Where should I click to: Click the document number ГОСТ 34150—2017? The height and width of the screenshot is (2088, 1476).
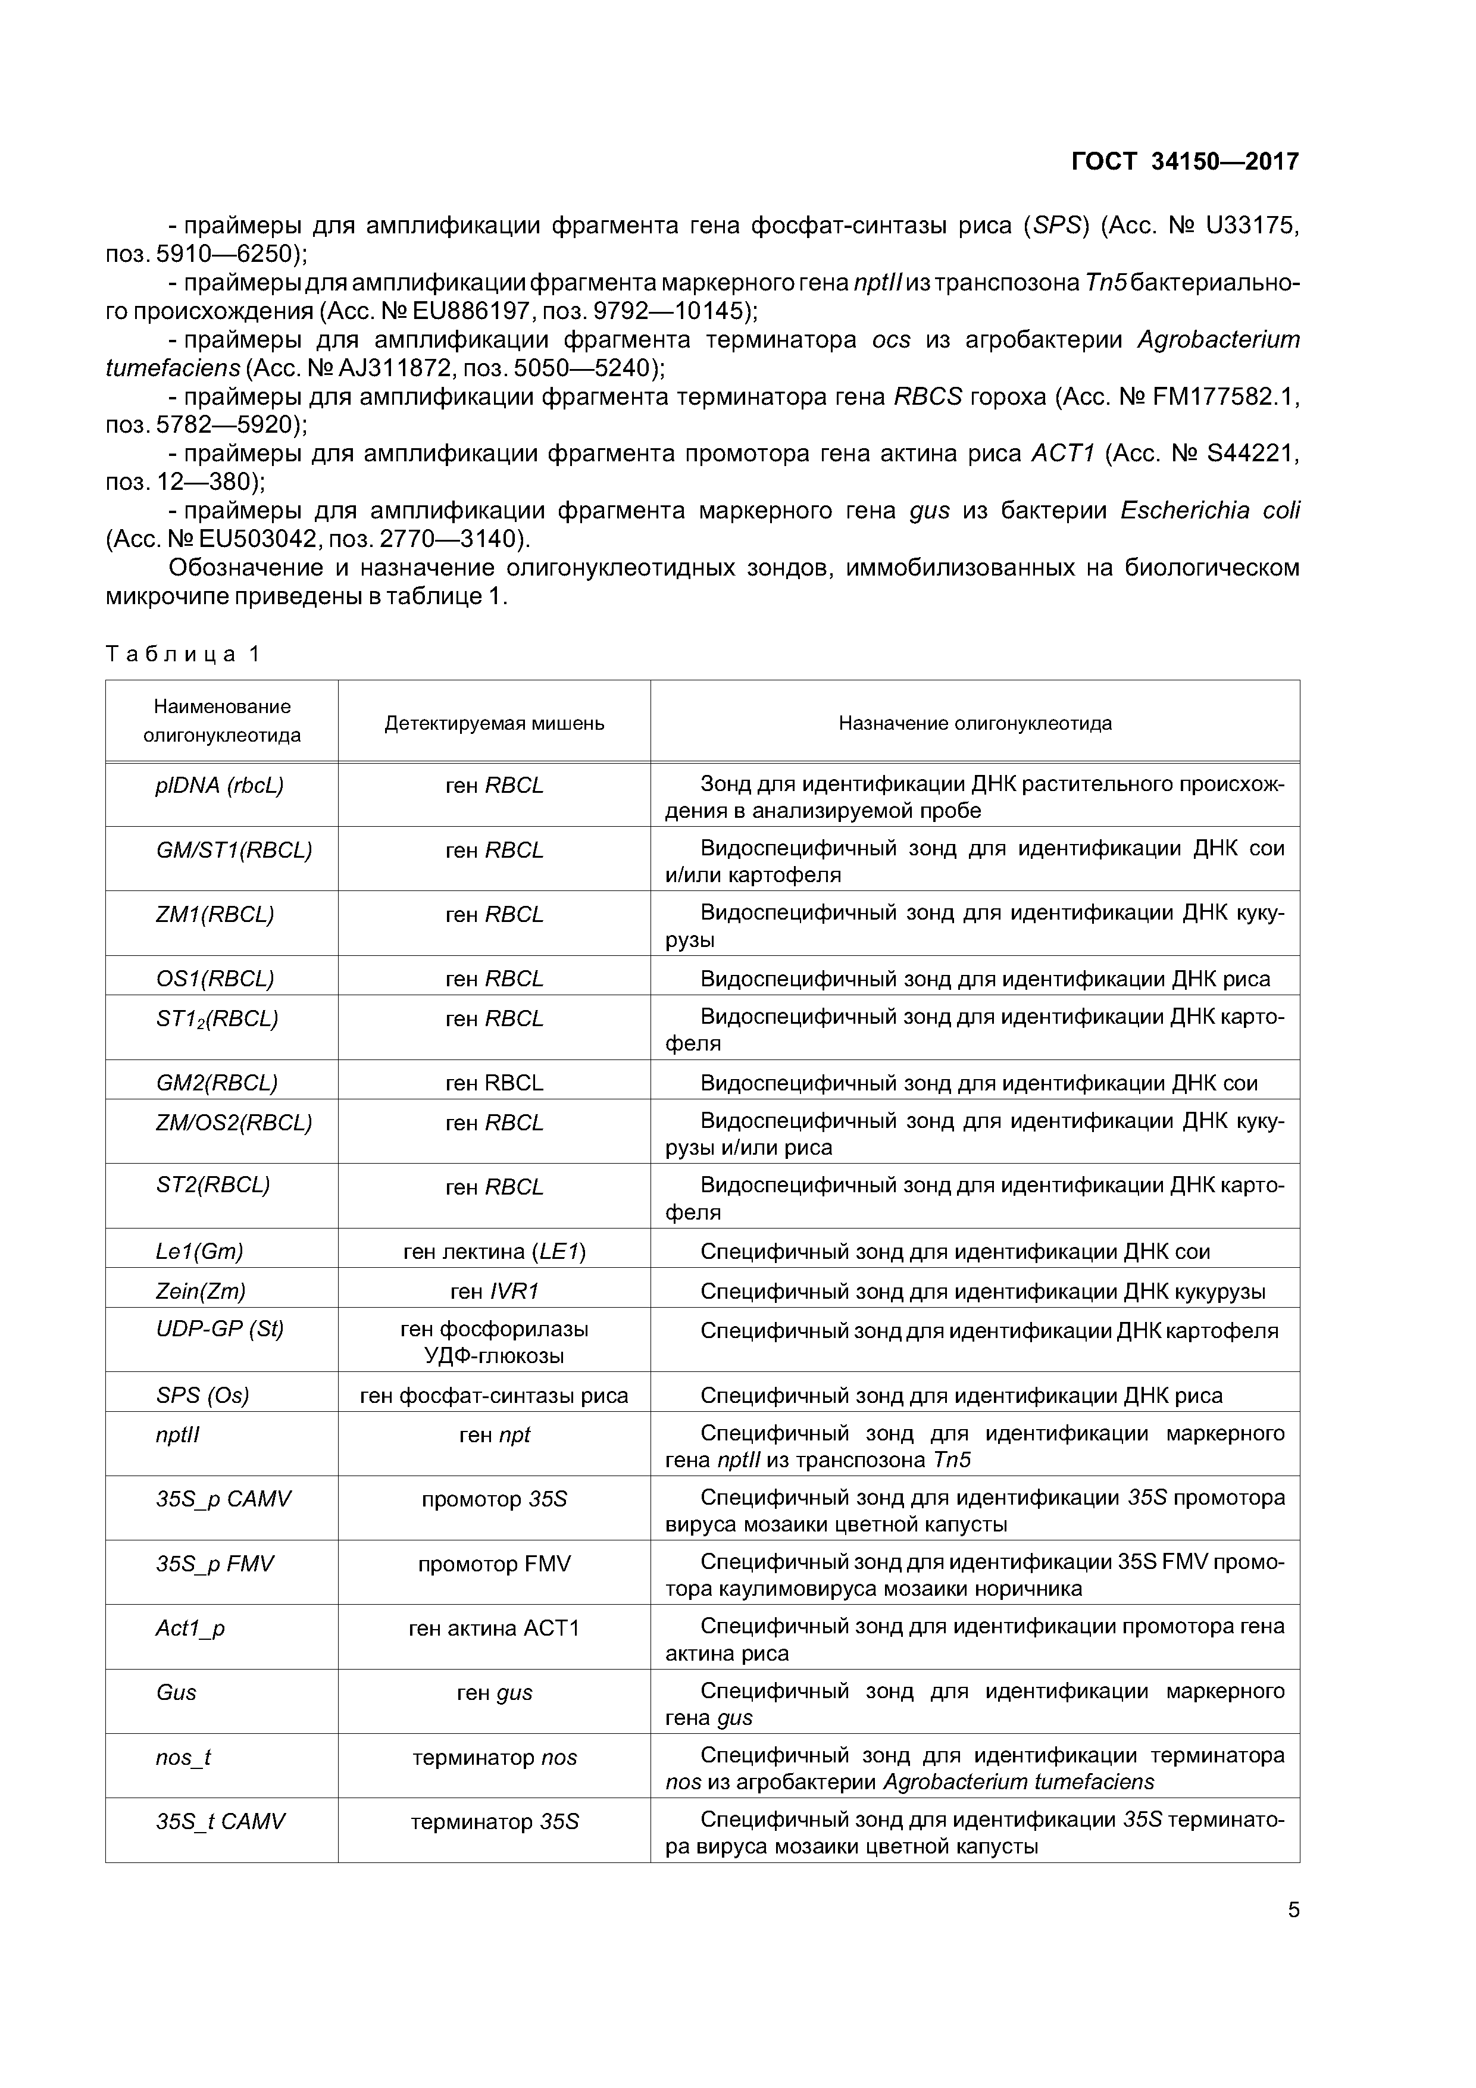[1185, 162]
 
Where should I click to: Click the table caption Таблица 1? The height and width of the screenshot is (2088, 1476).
[183, 654]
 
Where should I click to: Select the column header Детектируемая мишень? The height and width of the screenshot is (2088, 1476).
[494, 723]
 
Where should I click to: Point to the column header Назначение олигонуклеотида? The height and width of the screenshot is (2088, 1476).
[975, 723]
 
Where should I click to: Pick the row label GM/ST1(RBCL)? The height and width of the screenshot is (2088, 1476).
[234, 849]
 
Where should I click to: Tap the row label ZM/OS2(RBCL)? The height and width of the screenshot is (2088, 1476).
[234, 1122]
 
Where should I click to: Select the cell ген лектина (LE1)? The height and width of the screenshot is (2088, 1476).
[494, 1251]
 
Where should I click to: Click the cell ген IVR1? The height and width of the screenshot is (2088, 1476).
[494, 1292]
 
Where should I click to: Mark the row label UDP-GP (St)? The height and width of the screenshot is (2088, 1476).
[219, 1330]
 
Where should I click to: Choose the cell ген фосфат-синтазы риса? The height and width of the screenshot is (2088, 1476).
[494, 1395]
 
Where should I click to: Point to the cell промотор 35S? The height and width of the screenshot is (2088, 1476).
[494, 1499]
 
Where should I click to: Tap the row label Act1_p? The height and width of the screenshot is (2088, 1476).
[190, 1628]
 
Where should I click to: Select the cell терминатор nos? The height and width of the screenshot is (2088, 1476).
[494, 1758]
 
